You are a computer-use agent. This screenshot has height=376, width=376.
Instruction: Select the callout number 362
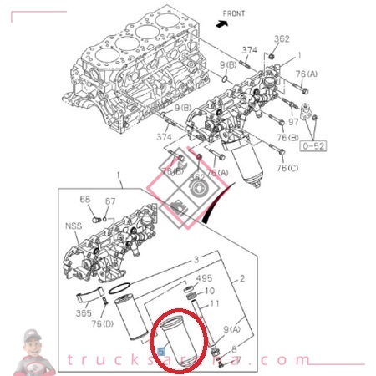282,38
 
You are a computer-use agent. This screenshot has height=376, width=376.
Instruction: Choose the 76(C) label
287,168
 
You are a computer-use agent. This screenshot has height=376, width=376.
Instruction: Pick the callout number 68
85,199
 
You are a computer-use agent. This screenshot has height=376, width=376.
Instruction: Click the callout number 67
109,201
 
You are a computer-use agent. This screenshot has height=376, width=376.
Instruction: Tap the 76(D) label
103,324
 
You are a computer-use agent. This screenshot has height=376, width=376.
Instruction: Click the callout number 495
204,278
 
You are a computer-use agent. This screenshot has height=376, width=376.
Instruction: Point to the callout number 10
209,292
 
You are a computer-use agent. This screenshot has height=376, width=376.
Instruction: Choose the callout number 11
215,305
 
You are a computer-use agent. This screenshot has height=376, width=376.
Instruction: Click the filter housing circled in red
179,343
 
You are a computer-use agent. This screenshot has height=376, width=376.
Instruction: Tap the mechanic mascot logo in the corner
33,353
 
